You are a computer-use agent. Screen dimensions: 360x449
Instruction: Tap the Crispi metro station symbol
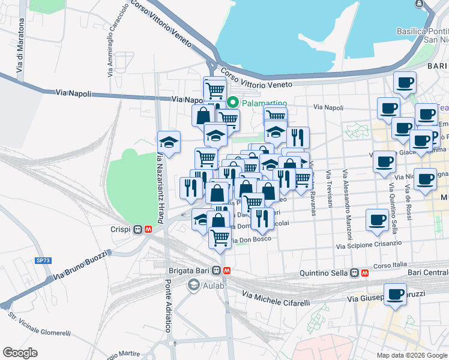click(138, 229)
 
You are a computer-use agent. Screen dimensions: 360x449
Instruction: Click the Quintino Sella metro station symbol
click(355, 273)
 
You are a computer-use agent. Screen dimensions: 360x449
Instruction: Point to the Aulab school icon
click(193, 284)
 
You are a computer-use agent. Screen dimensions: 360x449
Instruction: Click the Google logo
click(20, 352)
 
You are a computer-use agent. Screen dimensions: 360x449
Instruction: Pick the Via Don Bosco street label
click(255, 239)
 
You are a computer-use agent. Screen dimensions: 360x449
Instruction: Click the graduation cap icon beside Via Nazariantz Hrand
click(169, 142)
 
